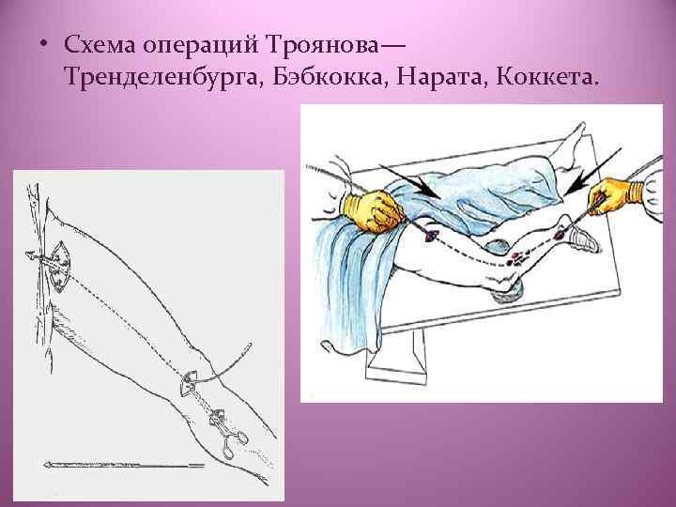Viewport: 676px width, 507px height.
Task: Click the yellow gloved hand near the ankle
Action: pyautogui.click(x=612, y=195)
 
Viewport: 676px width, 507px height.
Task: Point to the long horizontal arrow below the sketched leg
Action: pyautogui.click(x=122, y=465)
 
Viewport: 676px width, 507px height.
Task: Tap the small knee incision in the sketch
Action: pyautogui.click(x=187, y=381)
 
